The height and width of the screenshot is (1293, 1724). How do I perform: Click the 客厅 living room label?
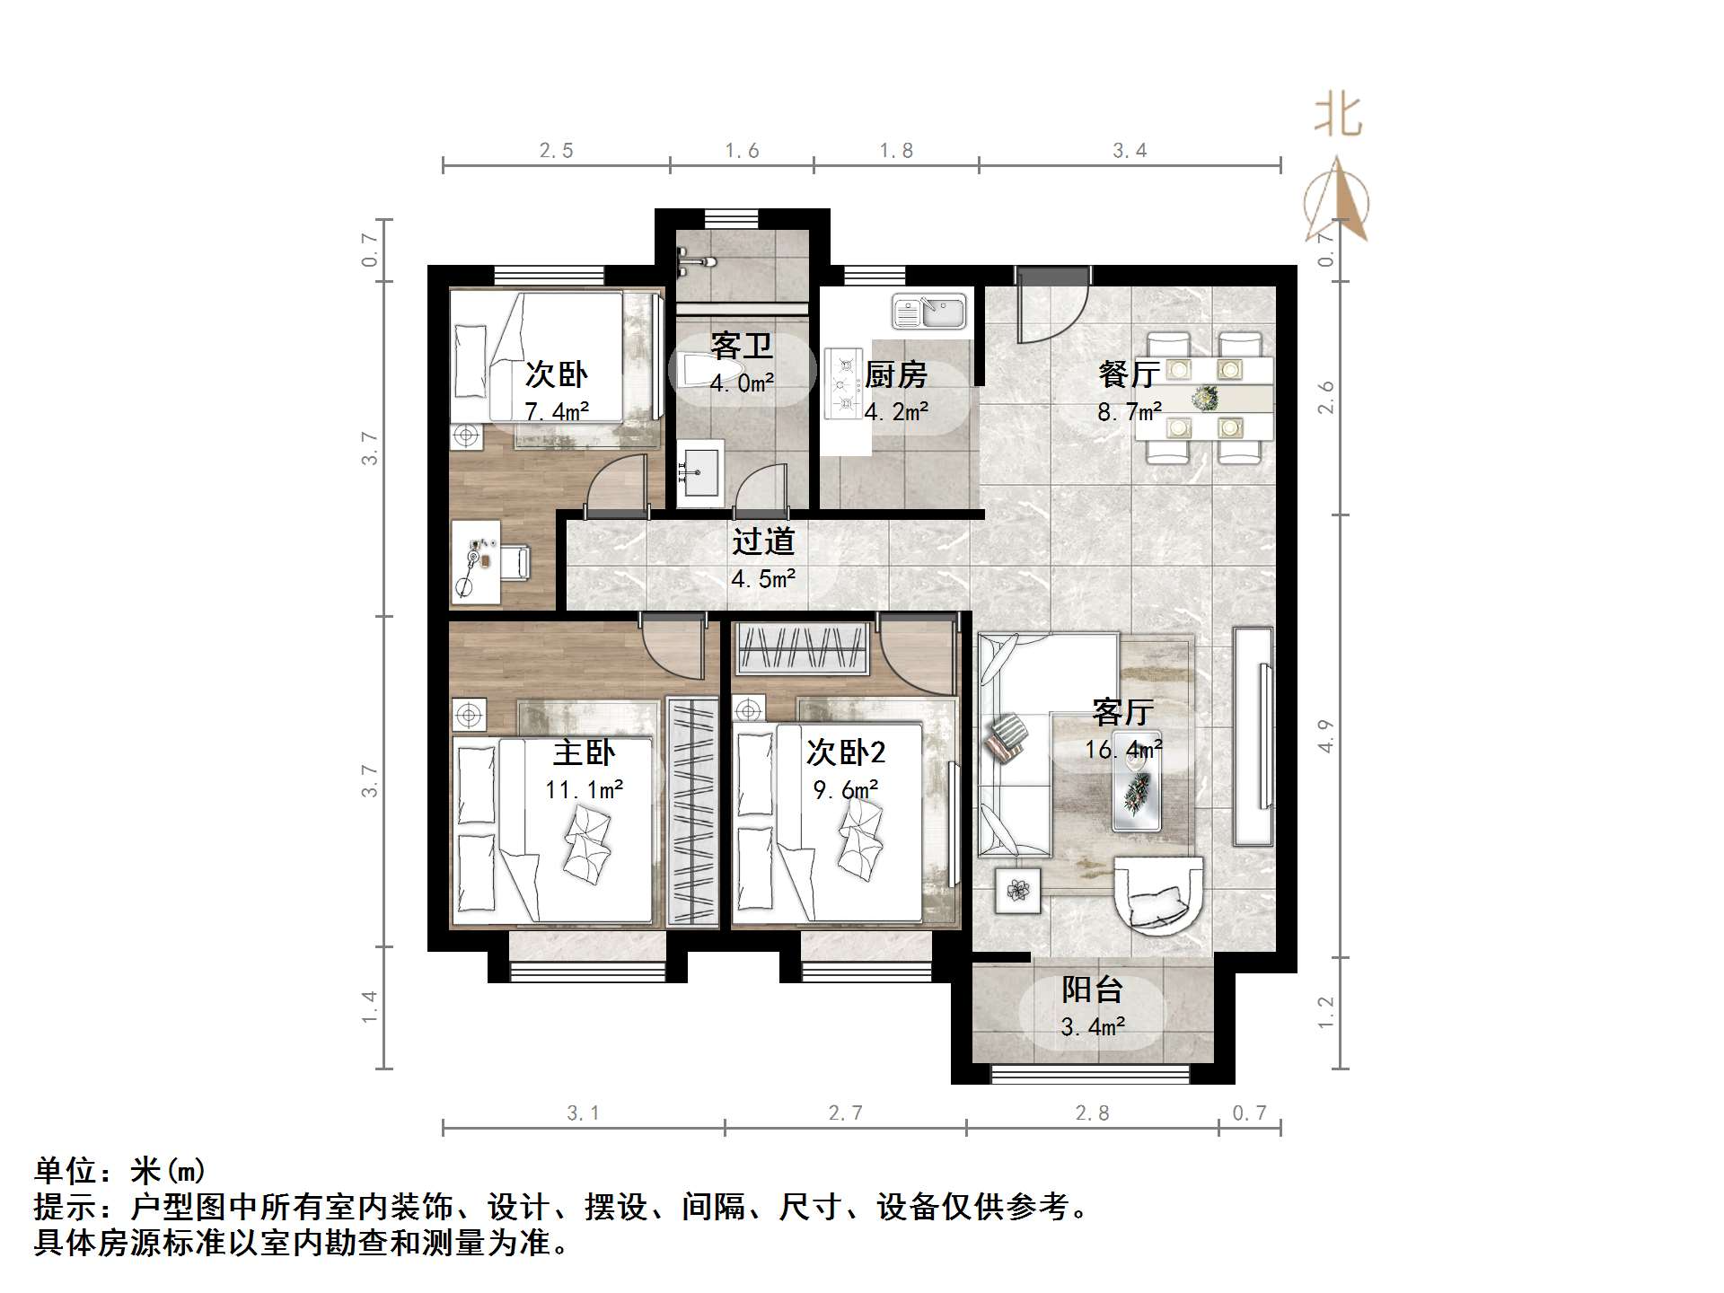(1122, 712)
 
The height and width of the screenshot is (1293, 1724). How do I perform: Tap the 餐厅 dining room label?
(1129, 374)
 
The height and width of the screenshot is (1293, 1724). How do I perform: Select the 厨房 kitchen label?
(895, 374)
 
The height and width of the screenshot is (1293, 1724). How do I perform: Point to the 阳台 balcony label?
(1092, 990)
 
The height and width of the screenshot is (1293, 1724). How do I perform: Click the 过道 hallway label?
(763, 541)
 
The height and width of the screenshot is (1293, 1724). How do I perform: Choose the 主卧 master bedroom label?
(584, 752)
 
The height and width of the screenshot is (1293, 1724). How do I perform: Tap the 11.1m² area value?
(584, 790)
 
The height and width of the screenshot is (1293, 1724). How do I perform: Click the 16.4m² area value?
(1122, 749)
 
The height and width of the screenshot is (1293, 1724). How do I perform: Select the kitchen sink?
(928, 312)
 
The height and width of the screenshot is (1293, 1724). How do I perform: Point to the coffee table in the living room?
(1137, 788)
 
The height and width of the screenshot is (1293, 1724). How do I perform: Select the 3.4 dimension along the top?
(1130, 151)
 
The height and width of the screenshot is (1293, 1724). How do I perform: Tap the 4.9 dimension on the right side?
(1325, 736)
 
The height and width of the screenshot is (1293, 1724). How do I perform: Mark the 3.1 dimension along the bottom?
(583, 1113)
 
